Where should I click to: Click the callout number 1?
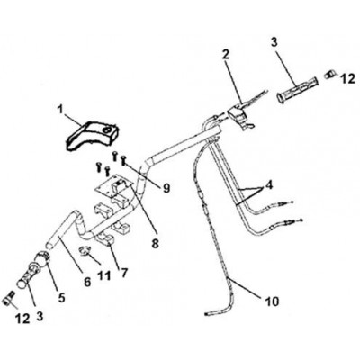coord(60,110)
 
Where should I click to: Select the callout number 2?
coord(226,54)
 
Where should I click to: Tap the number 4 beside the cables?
coord(270,185)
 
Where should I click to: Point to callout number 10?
coord(272,301)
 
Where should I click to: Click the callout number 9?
coord(166,188)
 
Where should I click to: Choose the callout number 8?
coord(155,243)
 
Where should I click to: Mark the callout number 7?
coord(124,273)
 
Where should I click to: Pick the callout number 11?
coord(104,275)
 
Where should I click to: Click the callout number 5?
coord(61,297)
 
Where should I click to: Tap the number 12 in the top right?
coord(348,78)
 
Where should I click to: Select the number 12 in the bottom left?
coord(22,319)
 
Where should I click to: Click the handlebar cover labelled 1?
coord(93,136)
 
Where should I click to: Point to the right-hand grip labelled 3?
coord(298,89)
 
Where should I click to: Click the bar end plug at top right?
coord(329,74)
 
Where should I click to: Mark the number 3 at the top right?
coord(274,42)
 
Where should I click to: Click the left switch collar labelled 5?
coord(42,259)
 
